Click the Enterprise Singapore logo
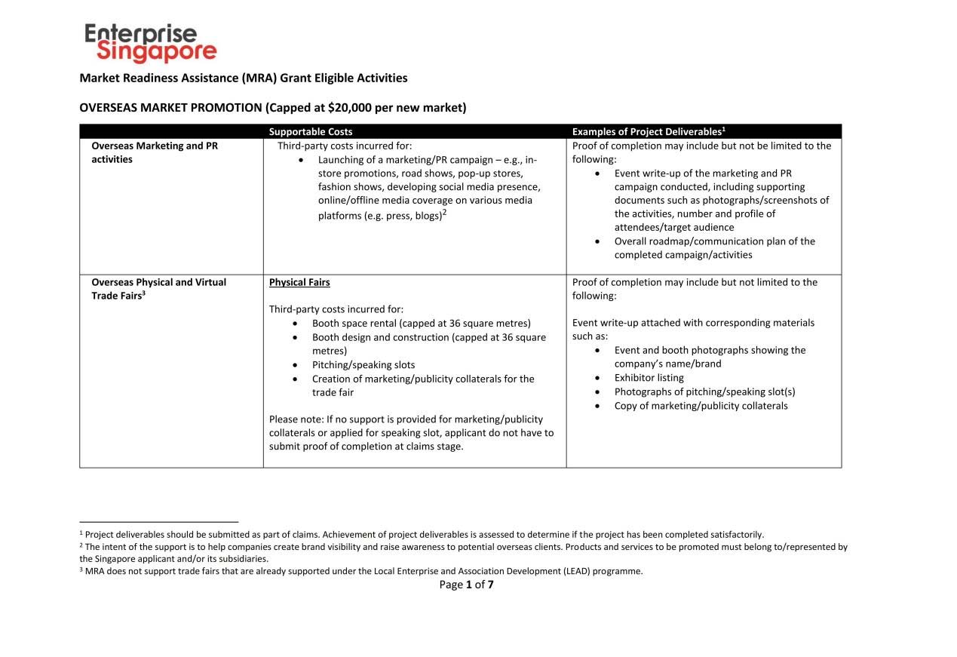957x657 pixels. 150,43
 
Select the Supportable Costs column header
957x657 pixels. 311,132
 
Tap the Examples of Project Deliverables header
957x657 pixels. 648,132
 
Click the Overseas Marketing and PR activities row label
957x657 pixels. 155,152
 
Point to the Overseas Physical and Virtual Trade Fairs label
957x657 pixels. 158,289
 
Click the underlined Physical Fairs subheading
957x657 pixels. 299,282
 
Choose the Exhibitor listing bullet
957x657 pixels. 649,378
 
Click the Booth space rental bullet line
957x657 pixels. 421,324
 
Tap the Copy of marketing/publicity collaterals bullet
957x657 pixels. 701,406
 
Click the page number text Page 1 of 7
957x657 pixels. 466,585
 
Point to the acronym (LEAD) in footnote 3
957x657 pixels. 577,571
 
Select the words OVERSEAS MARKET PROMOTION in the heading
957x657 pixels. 171,107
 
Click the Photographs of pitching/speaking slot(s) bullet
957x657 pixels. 704,391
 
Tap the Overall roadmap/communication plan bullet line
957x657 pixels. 714,241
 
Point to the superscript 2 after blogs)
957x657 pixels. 445,212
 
